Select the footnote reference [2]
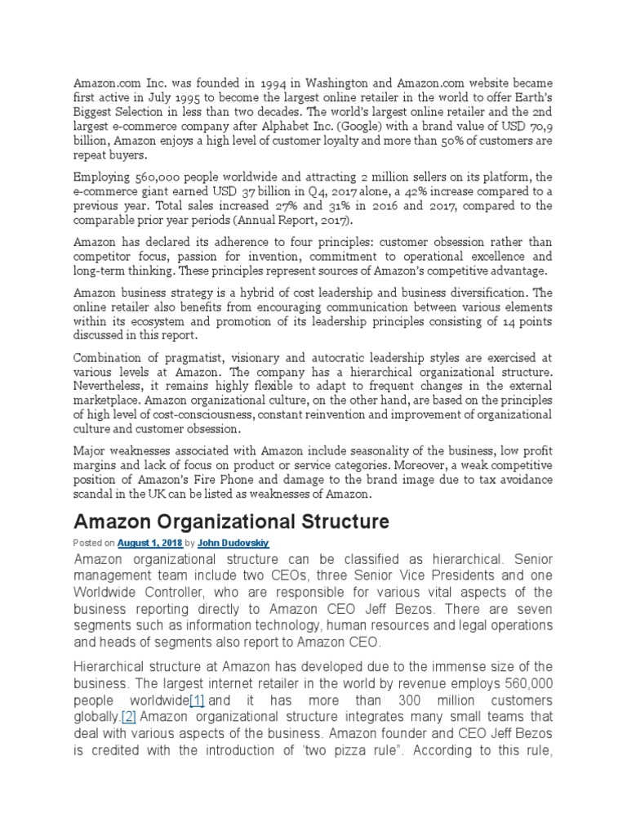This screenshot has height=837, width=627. point(128,716)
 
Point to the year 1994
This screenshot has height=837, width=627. point(267,83)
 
